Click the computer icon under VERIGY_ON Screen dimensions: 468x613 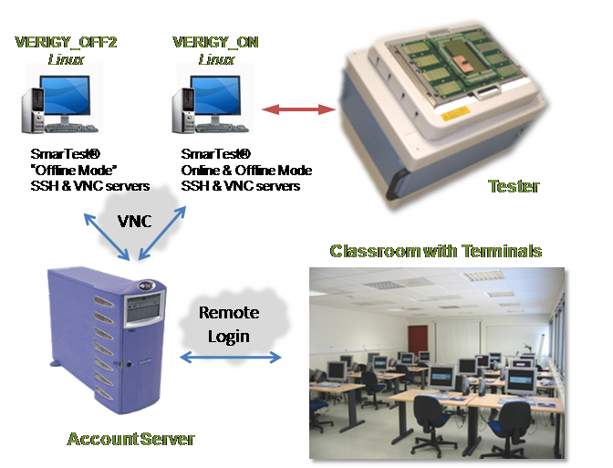(202, 99)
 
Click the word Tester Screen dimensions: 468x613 (514, 187)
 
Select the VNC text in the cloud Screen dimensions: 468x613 (134, 221)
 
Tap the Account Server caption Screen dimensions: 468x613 (131, 440)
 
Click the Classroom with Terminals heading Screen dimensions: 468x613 (436, 251)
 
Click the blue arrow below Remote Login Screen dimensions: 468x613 (230, 358)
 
